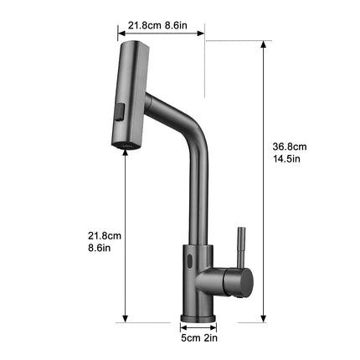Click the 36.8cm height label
coord(290,147)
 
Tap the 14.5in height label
coord(286,159)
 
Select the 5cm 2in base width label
coord(199,338)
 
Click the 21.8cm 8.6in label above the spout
coord(157,25)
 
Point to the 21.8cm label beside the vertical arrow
coord(105,236)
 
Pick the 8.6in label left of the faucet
coord(100,248)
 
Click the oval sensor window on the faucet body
coord(190,260)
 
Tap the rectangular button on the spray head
coord(120,112)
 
